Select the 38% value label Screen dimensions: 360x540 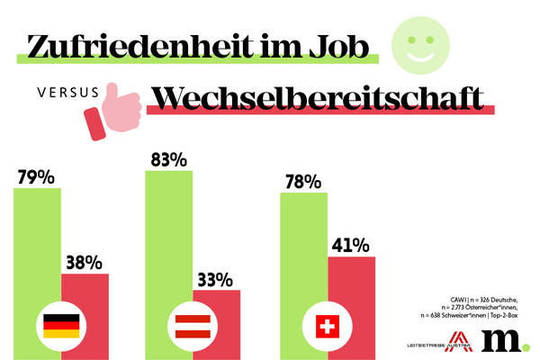(86, 261)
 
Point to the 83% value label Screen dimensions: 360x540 (166, 159)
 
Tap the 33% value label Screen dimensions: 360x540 (216, 278)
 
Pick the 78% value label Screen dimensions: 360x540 (301, 181)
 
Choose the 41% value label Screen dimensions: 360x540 (351, 245)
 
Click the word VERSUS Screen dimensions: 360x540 (58, 92)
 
